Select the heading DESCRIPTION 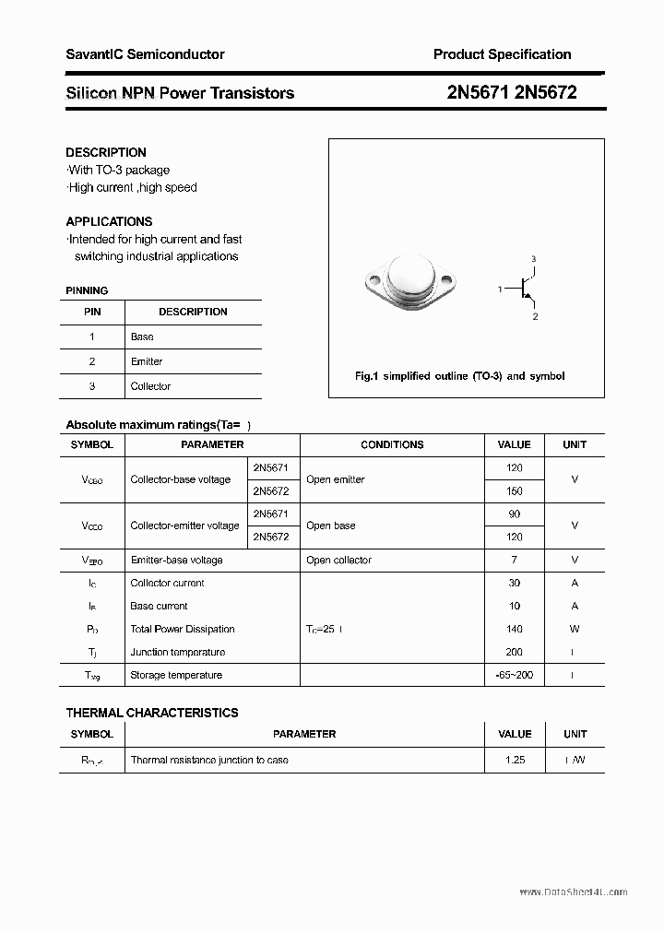[106, 152]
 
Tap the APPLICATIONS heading [109, 221]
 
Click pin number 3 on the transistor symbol [534, 259]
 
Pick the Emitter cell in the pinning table [147, 361]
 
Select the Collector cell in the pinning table [150, 386]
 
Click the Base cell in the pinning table [142, 337]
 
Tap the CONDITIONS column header [392, 444]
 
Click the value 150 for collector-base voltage [515, 491]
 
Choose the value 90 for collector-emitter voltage [515, 514]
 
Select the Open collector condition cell [338, 560]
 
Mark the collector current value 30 [515, 583]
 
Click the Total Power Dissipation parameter [183, 629]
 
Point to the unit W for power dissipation [575, 629]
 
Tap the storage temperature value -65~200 [515, 675]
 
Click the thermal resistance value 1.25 [515, 760]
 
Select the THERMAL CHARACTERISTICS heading [152, 713]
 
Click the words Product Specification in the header [502, 54]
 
